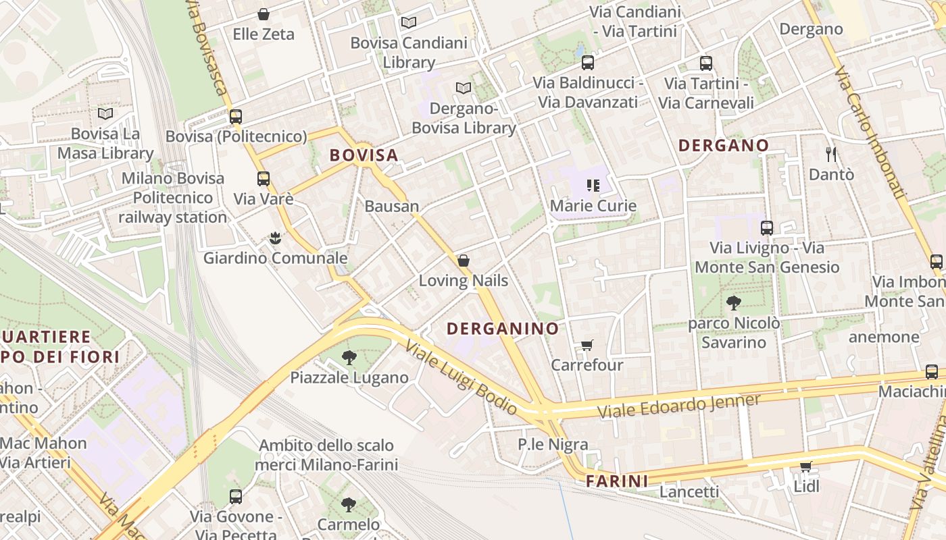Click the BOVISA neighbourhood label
pos(364,155)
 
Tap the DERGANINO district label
pos(503,329)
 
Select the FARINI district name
pos(617,481)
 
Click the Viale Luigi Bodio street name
pos(462,379)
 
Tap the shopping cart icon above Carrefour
pos(587,346)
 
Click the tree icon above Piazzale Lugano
pos(349,358)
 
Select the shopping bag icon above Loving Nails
pos(464,261)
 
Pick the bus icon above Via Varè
pos(264,179)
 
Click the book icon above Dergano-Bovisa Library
pos(463,88)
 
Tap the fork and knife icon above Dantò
pos(831,155)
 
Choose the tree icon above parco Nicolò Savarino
pos(733,303)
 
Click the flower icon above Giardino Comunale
pos(275,238)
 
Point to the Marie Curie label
pos(593,205)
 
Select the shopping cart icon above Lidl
pos(806,466)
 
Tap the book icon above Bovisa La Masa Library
pos(105,113)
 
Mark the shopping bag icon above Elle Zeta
pos(264,14)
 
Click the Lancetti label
pos(689,491)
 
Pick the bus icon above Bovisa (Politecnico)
pos(236,116)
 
